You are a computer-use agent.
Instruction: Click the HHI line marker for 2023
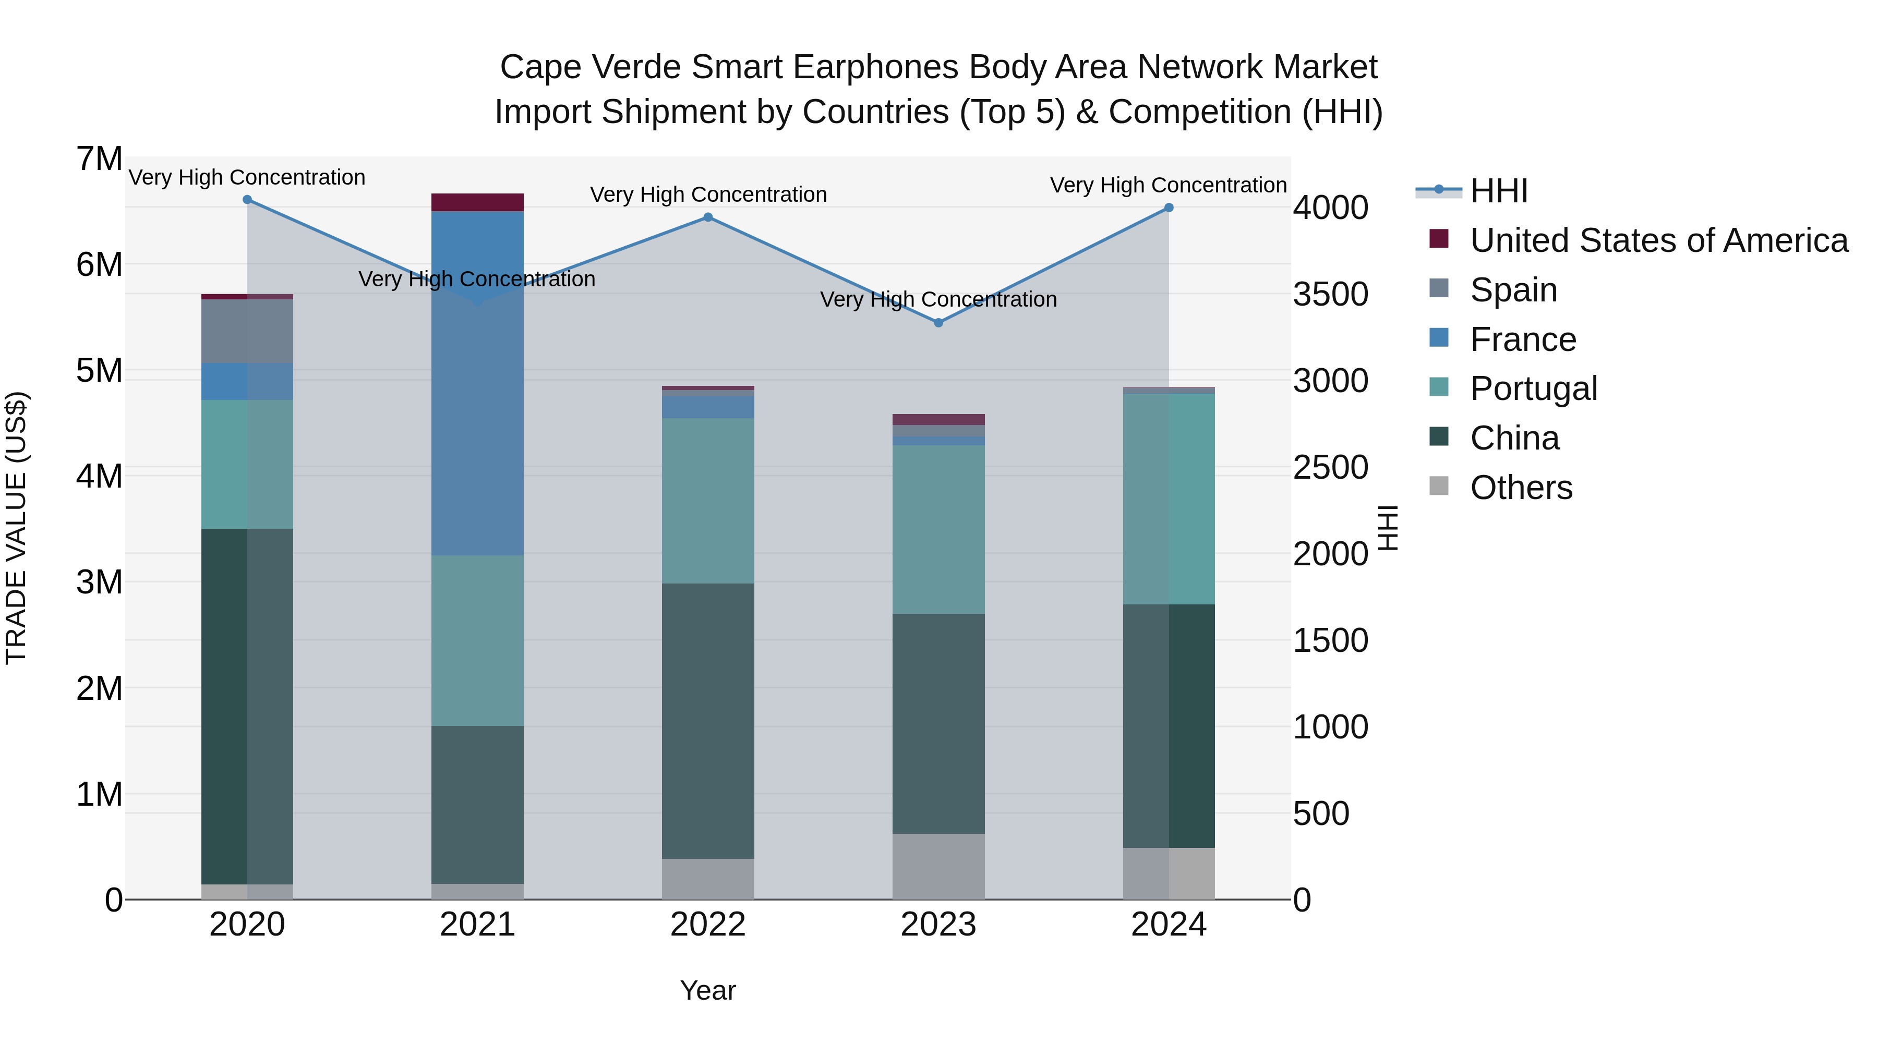pos(938,322)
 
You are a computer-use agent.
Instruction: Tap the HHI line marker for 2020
pos(247,200)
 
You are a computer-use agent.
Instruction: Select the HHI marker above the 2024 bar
pos(1169,208)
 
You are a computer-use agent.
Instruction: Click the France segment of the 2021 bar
pos(477,383)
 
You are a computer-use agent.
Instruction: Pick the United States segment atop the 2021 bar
pos(477,202)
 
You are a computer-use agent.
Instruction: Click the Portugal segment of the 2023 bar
pos(938,529)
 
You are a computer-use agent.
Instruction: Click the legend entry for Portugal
pos(1533,389)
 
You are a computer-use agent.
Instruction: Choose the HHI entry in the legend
pos(1498,191)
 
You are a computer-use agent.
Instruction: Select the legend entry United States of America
pos(1658,240)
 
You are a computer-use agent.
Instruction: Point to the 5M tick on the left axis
pos(99,370)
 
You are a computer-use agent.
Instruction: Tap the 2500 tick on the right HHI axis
pos(1330,467)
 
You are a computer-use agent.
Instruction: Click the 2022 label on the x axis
pos(708,925)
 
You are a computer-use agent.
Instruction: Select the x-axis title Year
pos(708,990)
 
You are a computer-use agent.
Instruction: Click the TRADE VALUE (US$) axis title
pos(16,528)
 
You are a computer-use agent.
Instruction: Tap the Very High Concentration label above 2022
pos(708,195)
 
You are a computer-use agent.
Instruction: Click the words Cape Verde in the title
pos(591,67)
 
